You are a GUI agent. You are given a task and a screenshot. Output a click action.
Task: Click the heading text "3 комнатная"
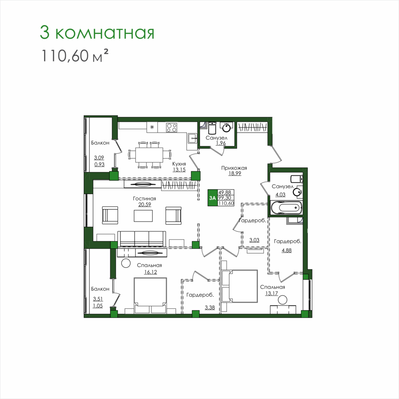tap(97, 33)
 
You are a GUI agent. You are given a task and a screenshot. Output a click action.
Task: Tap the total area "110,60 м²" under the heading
tap(75, 55)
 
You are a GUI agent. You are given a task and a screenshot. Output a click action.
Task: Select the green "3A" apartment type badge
tap(212, 198)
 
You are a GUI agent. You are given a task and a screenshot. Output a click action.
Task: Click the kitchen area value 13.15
tap(179, 170)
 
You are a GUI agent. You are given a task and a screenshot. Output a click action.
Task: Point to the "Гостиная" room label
tap(144, 199)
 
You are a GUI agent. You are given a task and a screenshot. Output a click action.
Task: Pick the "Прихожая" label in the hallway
tap(234, 168)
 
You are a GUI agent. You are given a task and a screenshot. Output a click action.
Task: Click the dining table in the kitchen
tap(149, 155)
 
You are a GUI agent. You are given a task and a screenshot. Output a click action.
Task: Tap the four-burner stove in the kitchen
tap(172, 128)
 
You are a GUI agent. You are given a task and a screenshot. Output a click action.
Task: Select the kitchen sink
tap(192, 139)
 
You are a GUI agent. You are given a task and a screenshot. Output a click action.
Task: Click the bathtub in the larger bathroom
tap(286, 208)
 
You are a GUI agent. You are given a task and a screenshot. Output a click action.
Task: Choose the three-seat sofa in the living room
tap(142, 239)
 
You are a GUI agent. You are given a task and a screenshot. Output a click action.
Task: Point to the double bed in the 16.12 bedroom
tap(150, 296)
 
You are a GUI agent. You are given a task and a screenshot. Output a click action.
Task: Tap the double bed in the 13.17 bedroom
tap(239, 286)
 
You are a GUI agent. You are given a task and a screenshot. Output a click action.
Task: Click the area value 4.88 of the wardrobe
tap(286, 250)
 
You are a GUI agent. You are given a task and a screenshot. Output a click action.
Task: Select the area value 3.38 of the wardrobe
tap(210, 308)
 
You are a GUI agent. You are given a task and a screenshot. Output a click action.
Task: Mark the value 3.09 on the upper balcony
tap(99, 158)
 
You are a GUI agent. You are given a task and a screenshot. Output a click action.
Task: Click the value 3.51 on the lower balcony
tap(98, 299)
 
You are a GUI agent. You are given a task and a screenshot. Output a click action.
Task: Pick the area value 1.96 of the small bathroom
tap(221, 143)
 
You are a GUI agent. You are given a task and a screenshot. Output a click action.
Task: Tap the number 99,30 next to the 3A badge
tap(225, 198)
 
